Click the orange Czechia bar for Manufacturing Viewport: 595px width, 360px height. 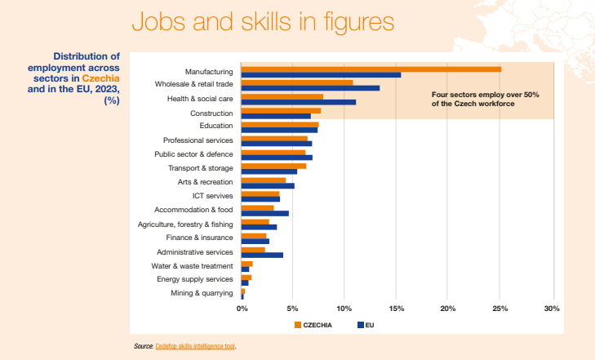[371, 69]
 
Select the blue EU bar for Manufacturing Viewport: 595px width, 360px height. [321, 75]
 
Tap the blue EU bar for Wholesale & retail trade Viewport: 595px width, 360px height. [310, 88]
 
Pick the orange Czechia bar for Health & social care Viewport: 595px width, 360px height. [282, 96]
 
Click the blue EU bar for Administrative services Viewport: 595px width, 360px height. [262, 256]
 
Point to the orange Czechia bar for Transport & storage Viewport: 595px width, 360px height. [273, 166]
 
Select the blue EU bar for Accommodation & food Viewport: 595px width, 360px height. [265, 213]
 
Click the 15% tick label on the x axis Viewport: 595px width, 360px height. [396, 309]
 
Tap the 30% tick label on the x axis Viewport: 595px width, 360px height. [552, 309]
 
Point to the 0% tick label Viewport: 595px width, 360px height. [242, 309]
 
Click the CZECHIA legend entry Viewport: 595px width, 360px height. [315, 325]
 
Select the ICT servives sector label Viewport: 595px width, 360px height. [212, 196]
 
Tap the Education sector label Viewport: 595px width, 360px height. [215, 126]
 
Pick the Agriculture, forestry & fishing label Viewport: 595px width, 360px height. [185, 224]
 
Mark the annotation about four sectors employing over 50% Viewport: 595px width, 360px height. [485, 100]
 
